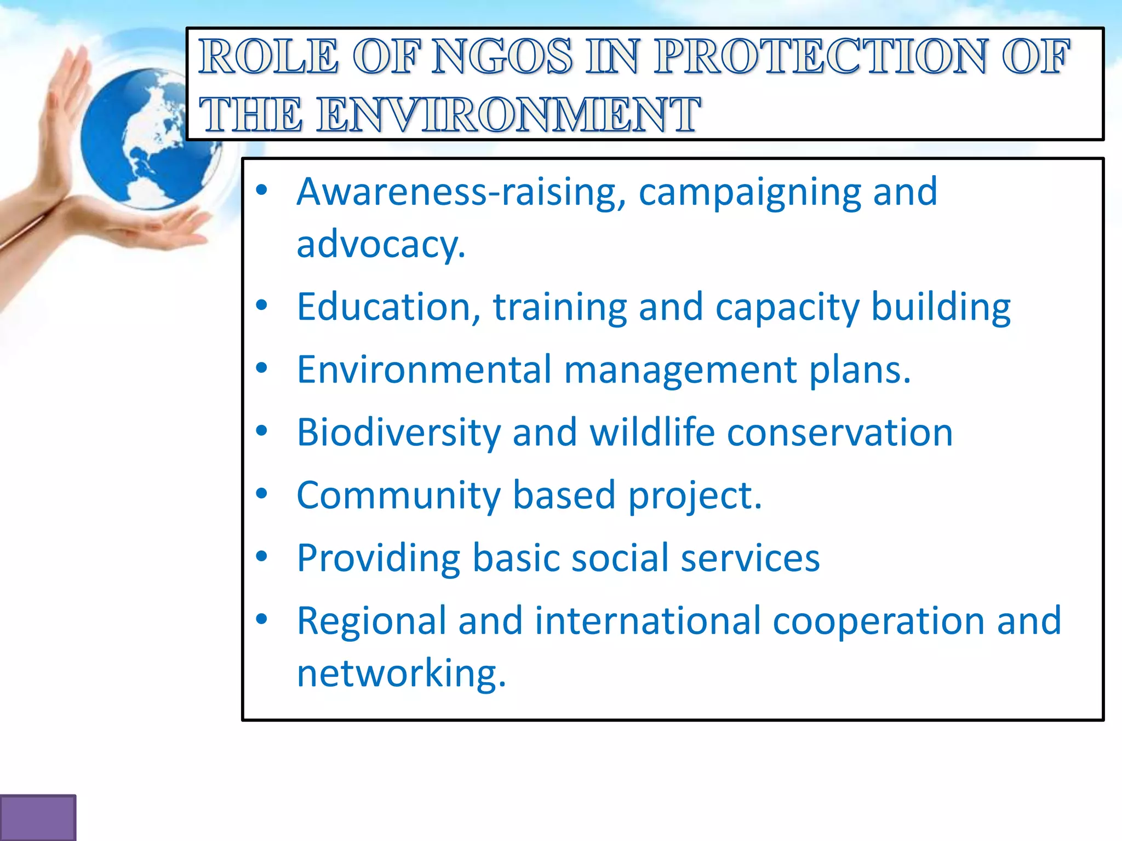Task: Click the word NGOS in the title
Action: coord(501,56)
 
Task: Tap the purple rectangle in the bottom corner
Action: coord(37,817)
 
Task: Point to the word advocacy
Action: coord(380,244)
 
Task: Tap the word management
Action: coord(680,370)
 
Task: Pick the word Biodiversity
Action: coord(398,433)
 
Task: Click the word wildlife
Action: coord(651,432)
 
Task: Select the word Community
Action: coord(398,496)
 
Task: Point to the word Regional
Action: coord(371,622)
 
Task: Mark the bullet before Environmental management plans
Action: coord(262,368)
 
